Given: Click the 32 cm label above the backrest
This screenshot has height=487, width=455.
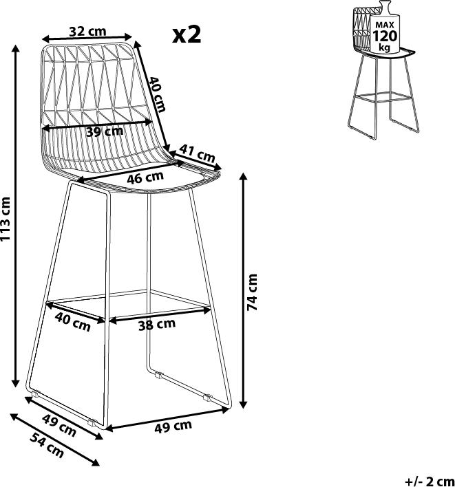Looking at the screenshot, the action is point(87,32).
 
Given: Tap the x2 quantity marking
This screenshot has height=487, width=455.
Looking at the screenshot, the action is point(187,34).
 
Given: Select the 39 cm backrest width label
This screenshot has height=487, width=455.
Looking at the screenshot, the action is point(105,131).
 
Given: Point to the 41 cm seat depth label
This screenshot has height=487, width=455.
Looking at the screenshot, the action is point(198,153).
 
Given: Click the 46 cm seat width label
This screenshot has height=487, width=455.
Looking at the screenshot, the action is point(145,177).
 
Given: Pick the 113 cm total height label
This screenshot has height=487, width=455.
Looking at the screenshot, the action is point(6,219).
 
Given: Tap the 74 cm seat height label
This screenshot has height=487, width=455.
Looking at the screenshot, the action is point(253,292).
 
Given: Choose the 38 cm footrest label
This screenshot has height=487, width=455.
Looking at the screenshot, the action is point(157,325).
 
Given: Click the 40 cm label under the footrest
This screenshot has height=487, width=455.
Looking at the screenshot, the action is point(73,322).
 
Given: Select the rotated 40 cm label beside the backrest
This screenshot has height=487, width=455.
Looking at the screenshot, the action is point(157,94).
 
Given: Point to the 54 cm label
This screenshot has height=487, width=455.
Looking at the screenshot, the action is point(47,446).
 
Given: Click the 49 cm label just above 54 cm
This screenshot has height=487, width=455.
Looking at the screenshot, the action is point(59,426).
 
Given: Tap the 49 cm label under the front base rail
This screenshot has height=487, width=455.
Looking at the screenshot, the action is point(173,426).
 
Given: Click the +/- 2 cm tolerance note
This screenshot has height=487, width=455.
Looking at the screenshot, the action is point(430,481).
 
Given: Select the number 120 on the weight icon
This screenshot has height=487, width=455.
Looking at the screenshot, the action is point(385,36).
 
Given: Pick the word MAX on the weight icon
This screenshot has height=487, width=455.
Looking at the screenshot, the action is point(385,25).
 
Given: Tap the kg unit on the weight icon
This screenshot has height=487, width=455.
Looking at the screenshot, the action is point(385,47).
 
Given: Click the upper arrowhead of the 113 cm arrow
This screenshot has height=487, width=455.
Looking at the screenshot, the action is point(16,49).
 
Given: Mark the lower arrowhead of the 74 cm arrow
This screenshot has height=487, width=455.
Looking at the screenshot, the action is point(244,404).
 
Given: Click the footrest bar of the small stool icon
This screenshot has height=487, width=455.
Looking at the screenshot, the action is point(383,96).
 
